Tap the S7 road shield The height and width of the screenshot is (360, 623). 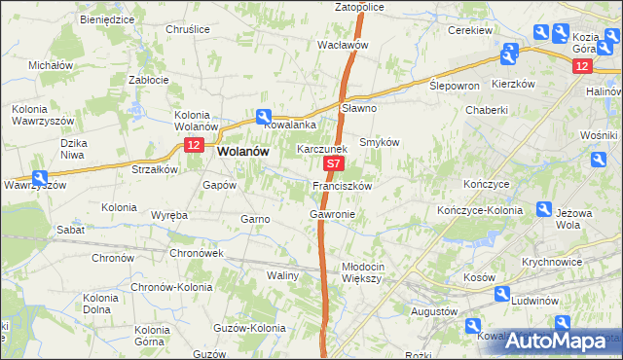[333, 167]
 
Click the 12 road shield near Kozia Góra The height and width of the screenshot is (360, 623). [581, 65]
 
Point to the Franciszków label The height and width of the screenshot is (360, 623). [342, 185]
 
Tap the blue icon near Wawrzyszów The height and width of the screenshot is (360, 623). [40, 178]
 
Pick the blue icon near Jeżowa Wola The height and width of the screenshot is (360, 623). [545, 209]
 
